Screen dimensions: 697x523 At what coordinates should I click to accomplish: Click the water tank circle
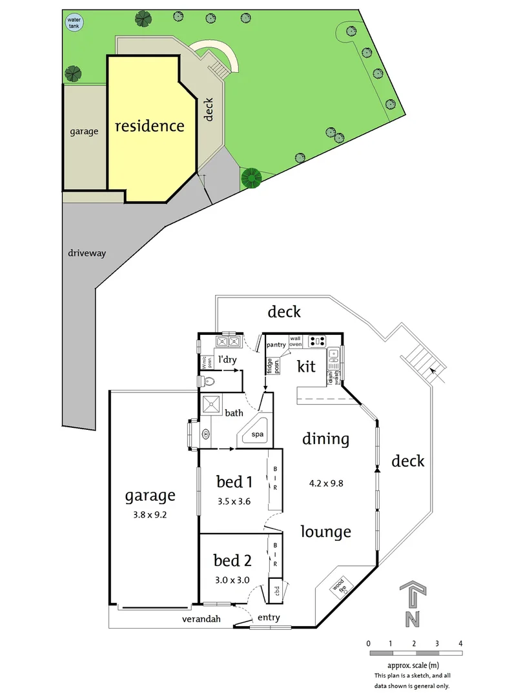click(x=74, y=23)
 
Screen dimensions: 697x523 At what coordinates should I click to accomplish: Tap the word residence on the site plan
click(x=149, y=126)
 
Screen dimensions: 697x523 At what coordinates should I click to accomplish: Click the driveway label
click(x=87, y=254)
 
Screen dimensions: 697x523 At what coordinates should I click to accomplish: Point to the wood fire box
click(x=339, y=587)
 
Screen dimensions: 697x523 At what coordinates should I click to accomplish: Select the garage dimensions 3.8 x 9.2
click(x=150, y=515)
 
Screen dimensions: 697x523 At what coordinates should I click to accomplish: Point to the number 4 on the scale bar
click(x=460, y=643)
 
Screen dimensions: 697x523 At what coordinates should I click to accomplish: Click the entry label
click(x=269, y=618)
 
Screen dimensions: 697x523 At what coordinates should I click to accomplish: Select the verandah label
click(x=201, y=619)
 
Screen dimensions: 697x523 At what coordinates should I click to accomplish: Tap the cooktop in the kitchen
click(x=316, y=340)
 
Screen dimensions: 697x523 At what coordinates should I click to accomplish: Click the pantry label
click(x=276, y=345)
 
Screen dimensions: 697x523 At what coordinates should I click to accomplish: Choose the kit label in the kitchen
click(x=306, y=367)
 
